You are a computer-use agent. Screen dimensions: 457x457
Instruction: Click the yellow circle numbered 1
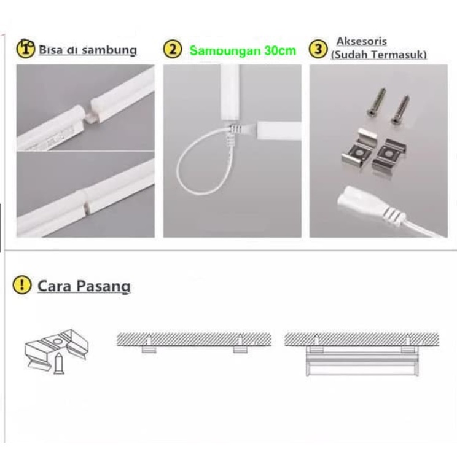[26, 49]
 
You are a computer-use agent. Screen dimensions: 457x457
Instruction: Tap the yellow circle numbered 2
[173, 49]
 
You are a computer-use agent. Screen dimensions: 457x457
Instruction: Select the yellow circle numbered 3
[318, 49]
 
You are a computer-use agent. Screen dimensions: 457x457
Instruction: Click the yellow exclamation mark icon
[22, 285]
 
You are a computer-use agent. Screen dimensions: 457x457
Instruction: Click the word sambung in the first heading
[109, 50]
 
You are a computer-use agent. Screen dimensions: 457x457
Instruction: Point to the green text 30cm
[280, 51]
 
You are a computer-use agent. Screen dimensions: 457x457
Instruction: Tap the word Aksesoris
[362, 41]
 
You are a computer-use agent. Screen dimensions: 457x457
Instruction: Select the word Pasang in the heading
[103, 286]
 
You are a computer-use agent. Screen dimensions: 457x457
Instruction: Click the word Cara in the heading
[55, 286]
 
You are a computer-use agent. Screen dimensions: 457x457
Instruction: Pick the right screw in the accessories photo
[400, 109]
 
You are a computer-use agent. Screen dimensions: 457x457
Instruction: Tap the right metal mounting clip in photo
[389, 155]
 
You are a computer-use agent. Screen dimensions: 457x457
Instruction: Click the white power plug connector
[371, 206]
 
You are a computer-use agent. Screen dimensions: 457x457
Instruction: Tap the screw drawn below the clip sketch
[59, 364]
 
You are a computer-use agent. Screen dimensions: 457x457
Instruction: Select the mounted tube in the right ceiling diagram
[362, 364]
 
